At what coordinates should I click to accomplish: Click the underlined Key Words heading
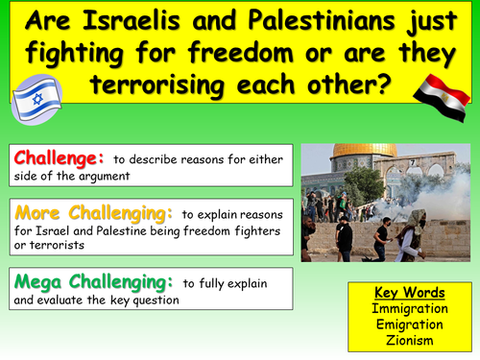click(x=412, y=294)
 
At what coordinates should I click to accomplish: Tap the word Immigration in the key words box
click(x=412, y=309)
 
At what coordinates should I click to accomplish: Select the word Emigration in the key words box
click(x=412, y=324)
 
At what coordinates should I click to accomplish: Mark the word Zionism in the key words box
click(x=412, y=340)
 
